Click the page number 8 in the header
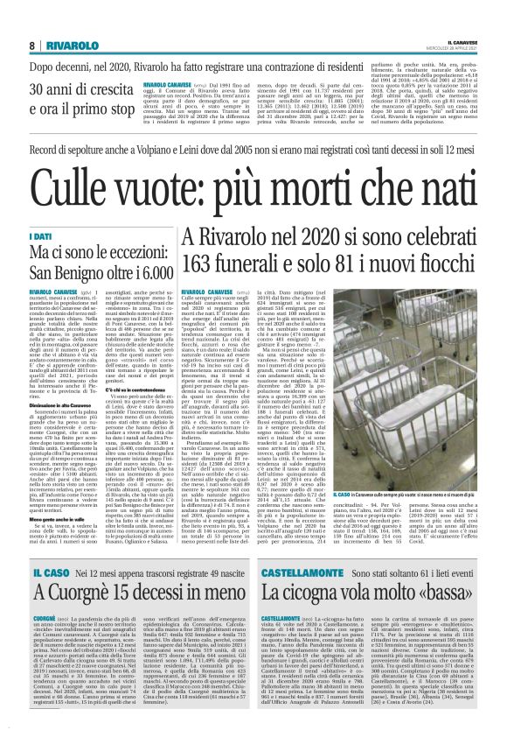tap(31, 46)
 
